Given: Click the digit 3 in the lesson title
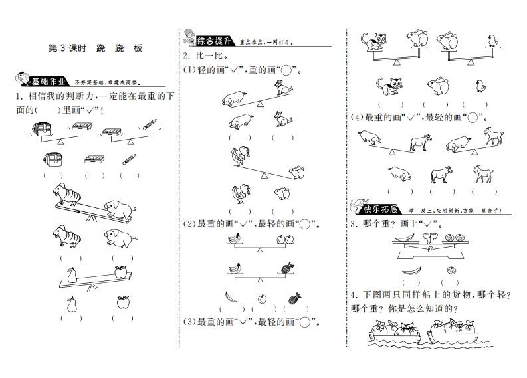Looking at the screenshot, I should click(x=66, y=48).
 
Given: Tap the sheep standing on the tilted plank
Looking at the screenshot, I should click(x=68, y=194).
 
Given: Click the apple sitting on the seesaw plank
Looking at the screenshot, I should click(x=120, y=271).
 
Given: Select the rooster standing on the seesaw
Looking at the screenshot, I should click(x=239, y=157).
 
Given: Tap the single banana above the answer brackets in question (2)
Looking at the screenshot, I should click(x=229, y=297).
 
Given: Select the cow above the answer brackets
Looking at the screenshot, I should click(x=439, y=174).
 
